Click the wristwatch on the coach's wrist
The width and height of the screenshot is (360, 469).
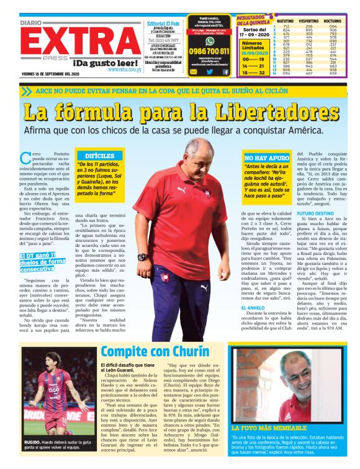143,256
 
